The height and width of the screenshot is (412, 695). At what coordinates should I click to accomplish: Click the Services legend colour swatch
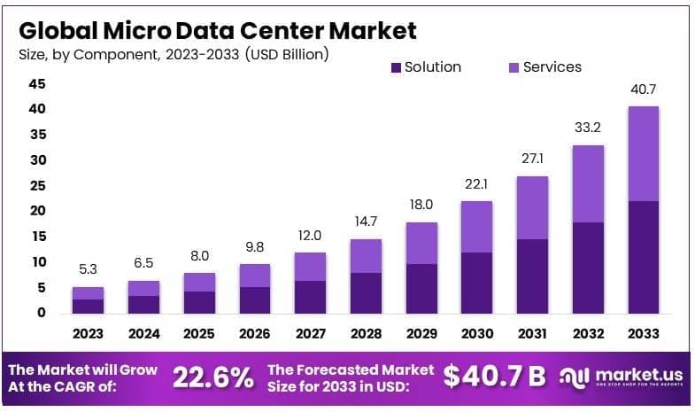click(514, 67)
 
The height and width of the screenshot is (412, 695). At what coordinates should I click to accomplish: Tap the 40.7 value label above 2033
click(643, 89)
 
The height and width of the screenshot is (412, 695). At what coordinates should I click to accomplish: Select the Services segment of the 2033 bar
click(643, 153)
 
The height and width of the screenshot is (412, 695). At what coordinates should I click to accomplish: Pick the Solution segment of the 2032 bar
click(588, 267)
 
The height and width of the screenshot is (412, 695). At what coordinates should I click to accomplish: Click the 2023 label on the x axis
click(88, 333)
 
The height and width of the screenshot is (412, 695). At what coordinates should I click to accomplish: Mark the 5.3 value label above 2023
click(88, 269)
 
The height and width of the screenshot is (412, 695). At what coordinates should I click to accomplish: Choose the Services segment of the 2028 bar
click(365, 256)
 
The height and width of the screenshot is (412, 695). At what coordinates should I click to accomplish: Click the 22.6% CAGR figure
click(212, 377)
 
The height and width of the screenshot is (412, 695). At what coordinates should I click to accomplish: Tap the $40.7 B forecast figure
click(494, 377)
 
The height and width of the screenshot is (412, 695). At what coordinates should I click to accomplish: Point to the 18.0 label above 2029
click(421, 205)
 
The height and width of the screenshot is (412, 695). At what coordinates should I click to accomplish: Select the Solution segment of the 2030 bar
click(476, 282)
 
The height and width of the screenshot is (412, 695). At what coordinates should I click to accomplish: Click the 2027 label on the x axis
click(310, 333)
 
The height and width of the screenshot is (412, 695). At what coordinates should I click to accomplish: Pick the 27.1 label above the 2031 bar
click(532, 159)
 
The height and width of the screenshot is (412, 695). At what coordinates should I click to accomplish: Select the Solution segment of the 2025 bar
click(199, 301)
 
